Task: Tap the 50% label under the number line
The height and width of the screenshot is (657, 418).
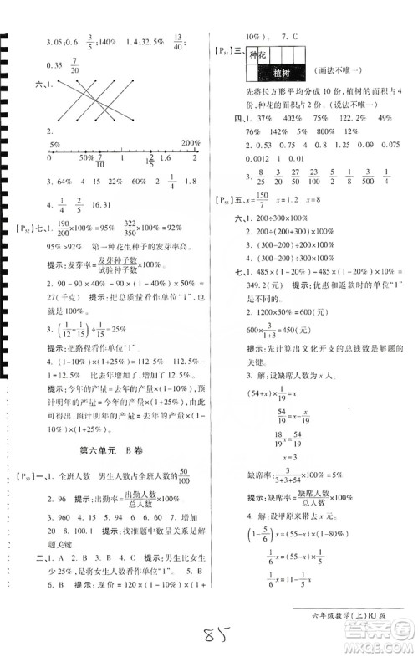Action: click(85, 157)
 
